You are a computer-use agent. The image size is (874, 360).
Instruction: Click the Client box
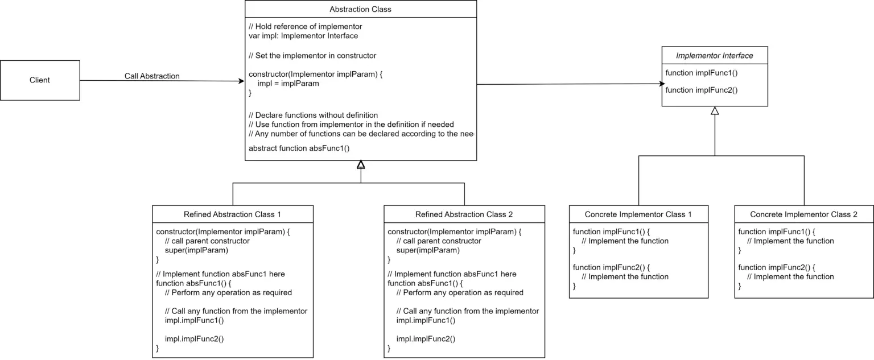40,80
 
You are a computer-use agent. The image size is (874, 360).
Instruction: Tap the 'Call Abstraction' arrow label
152,76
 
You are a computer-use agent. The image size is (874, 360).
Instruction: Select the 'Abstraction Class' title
360,9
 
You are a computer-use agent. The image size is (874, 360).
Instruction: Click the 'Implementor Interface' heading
715,55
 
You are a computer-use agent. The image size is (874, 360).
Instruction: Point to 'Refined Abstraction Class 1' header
232,214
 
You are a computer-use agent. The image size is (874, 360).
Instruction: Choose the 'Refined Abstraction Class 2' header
464,214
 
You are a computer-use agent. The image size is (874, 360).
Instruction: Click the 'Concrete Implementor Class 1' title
638,214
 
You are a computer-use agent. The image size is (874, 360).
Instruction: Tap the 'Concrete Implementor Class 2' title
803,214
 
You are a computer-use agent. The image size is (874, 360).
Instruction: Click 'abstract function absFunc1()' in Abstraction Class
299,148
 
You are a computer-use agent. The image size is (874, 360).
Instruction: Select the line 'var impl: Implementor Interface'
303,36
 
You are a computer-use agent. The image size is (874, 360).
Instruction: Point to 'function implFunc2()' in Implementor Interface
701,90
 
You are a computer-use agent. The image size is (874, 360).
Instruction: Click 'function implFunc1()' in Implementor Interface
701,73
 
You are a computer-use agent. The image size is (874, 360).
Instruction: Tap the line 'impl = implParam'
288,84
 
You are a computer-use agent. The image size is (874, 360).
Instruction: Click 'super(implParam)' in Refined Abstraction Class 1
196,250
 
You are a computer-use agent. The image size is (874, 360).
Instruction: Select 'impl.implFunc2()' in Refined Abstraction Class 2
426,338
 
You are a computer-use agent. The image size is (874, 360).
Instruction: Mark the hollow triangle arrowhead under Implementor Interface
715,110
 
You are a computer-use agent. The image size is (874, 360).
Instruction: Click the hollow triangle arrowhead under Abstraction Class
361,164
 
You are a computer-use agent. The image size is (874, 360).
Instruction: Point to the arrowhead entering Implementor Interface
662,84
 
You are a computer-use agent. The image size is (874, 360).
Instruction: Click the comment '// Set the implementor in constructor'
312,55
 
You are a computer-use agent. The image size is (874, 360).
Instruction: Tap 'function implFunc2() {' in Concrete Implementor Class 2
777,267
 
